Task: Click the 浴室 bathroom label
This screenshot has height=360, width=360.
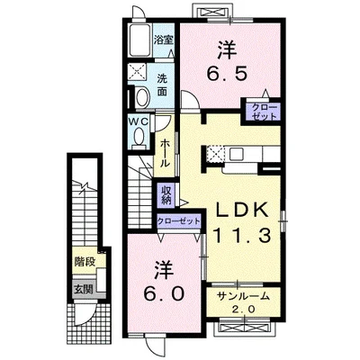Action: (164, 40)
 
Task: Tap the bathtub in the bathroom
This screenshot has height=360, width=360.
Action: (140, 40)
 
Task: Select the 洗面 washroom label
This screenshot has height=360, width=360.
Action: (162, 85)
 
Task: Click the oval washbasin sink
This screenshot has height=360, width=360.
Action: (142, 96)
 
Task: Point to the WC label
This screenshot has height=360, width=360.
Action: (139, 121)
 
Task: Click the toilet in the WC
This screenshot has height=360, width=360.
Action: (139, 138)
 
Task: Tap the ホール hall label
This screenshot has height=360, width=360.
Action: (165, 154)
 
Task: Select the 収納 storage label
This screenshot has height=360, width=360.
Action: (166, 195)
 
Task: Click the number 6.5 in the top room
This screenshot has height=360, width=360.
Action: (227, 73)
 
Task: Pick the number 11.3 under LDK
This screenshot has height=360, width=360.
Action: (242, 235)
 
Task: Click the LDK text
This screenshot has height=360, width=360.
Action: (242, 211)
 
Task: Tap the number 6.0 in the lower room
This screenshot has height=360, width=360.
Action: (164, 293)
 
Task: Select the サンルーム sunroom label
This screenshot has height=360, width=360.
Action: (243, 296)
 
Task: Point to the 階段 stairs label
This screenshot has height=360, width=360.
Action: (85, 262)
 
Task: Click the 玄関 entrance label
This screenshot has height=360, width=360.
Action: (83, 290)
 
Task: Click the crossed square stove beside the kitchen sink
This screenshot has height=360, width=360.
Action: (215, 154)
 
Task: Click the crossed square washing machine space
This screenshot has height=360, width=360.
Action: (137, 72)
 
